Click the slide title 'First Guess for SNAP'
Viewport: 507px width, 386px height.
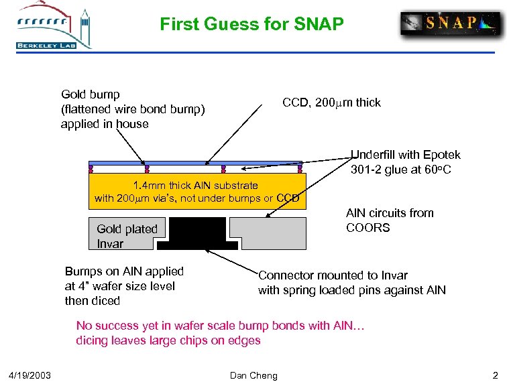pos(251,25)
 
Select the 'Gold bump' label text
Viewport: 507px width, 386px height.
pos(91,94)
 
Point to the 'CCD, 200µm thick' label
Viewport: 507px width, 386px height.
pos(331,103)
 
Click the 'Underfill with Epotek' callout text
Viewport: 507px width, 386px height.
pos(406,155)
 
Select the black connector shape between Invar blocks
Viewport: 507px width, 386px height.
pos(198,233)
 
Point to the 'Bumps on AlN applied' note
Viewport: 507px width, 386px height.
pos(124,271)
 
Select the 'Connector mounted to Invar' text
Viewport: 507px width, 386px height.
pos(333,275)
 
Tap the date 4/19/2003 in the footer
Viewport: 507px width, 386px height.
pos(35,375)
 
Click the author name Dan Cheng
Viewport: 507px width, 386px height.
pos(253,375)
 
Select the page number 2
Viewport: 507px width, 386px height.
pos(494,375)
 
